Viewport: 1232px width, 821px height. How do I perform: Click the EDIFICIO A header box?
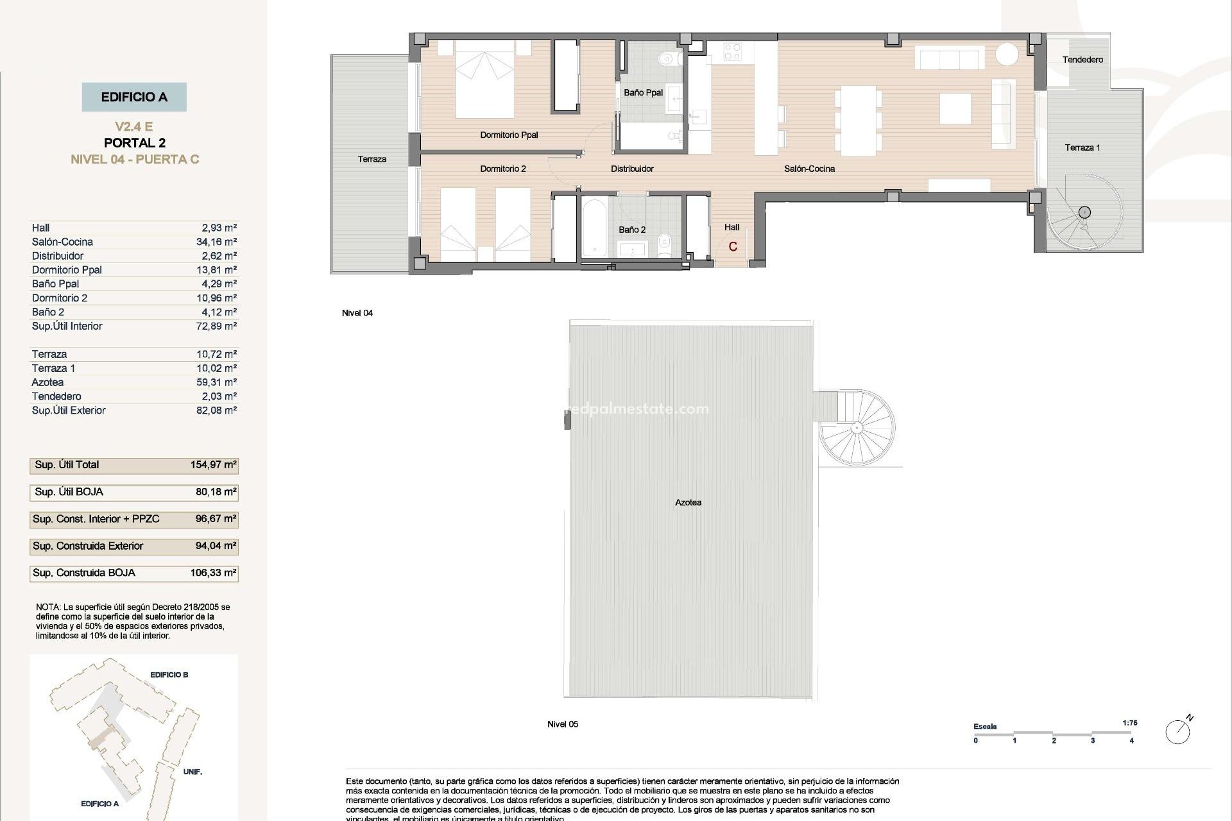pos(134,97)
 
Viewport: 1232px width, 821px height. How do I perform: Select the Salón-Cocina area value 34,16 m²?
pos(216,242)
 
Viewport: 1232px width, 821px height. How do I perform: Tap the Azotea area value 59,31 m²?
pos(216,382)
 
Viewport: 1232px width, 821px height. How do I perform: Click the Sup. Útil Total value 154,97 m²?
pos(213,465)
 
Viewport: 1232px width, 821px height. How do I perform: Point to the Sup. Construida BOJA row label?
pos(84,573)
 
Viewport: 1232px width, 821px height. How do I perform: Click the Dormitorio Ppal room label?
pos(509,135)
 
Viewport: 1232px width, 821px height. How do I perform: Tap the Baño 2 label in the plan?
pos(632,230)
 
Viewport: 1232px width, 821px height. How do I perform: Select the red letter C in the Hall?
pos(733,247)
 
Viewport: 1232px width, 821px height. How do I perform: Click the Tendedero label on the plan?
pos(1082,60)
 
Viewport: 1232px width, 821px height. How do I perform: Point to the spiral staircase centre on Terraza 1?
pos(1084,212)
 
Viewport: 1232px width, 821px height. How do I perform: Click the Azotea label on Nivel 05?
pos(688,502)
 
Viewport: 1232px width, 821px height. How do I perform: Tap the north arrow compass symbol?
pos(1179,731)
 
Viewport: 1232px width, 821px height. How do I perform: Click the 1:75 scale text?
pos(1130,723)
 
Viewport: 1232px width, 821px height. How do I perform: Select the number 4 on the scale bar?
pos(1131,741)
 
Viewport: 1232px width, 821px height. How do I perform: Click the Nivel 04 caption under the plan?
pos(357,313)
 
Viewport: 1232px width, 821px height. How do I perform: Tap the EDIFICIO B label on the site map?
pos(169,675)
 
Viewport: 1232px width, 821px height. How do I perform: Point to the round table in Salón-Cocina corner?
pos(1007,54)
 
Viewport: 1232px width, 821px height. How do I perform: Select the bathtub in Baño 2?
pos(594,228)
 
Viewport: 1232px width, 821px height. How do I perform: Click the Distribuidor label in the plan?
pos(632,169)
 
